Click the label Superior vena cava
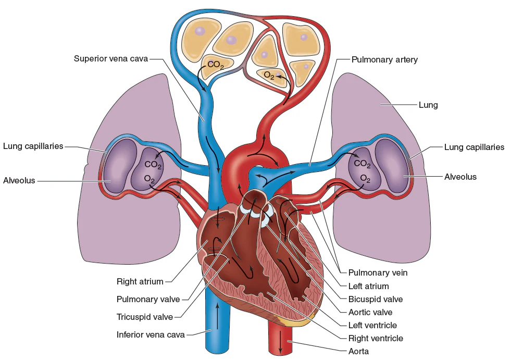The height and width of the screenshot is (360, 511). point(111,58)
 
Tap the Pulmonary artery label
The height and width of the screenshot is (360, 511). point(384,59)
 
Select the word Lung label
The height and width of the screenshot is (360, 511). point(428,105)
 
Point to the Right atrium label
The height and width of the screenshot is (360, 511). point(140,282)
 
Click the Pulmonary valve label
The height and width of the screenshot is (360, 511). point(148,299)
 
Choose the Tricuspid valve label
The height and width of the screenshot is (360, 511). point(148,317)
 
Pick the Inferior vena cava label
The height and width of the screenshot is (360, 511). point(151,334)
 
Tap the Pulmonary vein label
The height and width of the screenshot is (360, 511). point(378,272)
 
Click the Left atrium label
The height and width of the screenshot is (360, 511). point(368,286)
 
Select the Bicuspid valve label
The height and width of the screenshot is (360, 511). point(375,299)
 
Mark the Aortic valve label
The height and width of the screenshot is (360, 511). point(370,312)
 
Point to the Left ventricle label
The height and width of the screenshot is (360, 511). point(372,325)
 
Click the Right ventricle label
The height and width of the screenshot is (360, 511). point(375,338)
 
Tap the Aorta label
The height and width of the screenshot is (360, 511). point(358,351)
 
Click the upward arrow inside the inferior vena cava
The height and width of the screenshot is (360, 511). point(217,313)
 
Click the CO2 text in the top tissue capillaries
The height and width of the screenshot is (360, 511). point(215,65)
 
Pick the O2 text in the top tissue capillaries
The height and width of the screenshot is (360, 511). point(269,76)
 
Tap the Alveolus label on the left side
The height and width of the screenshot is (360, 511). point(19,180)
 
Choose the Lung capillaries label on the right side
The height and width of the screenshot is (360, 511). point(474,147)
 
